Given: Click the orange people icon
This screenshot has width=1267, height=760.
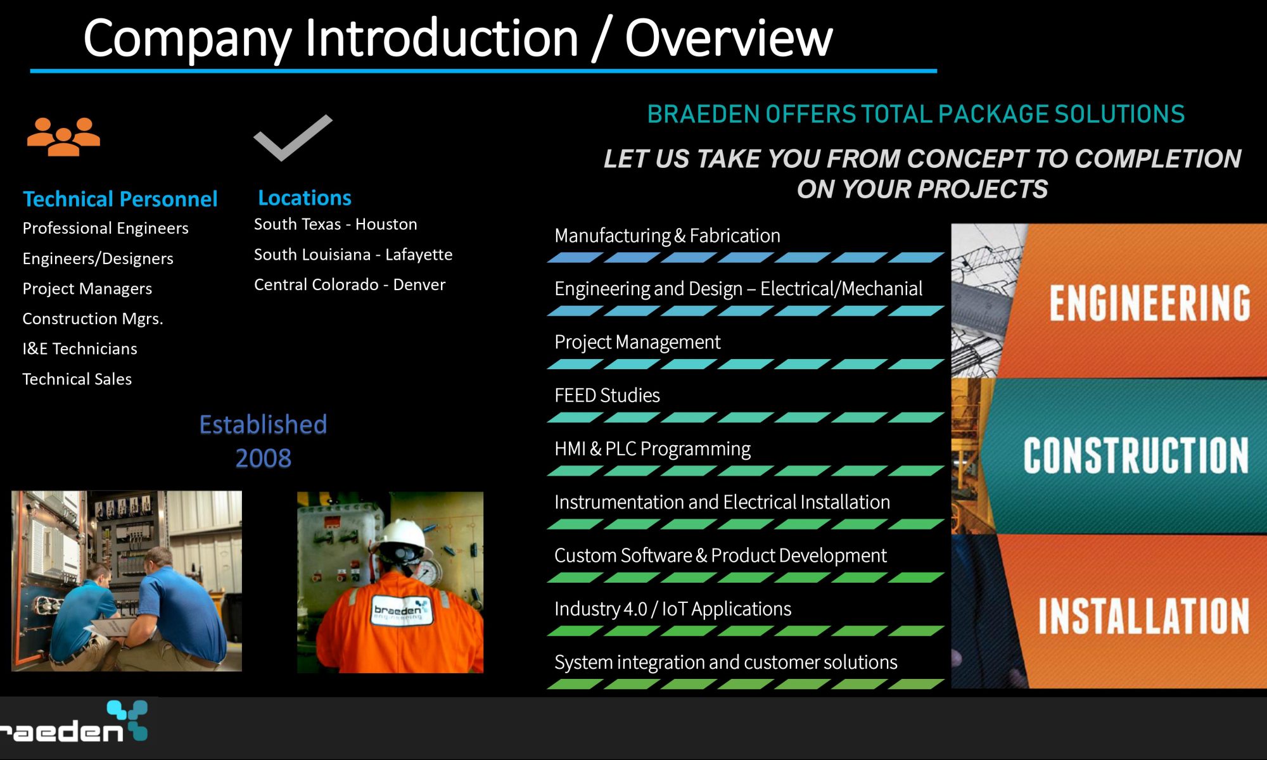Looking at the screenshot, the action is [63, 136].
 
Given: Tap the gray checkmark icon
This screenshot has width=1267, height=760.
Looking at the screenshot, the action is [293, 137].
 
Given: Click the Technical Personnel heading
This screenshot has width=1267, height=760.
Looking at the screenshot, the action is [120, 199].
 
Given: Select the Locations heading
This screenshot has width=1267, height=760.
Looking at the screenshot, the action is [305, 198].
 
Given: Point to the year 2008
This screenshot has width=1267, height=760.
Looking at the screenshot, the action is [264, 458].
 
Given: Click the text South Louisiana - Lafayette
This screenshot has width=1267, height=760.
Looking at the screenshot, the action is [353, 255].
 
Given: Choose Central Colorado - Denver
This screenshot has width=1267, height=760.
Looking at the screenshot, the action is [350, 285].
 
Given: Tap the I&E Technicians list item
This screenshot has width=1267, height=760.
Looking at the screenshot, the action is [80, 349].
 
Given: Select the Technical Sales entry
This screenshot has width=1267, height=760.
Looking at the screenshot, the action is [77, 379].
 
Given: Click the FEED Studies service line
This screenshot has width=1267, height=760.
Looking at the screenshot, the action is [607, 396].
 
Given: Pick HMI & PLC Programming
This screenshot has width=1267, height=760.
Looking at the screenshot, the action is [653, 449].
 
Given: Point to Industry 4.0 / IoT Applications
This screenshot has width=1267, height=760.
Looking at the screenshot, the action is [673, 609].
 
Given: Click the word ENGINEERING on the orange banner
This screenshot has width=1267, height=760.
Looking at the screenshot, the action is [1150, 303].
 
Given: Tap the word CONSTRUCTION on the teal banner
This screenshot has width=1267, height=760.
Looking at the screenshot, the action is [1136, 455].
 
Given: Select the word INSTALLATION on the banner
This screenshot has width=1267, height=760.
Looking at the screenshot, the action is [1143, 616].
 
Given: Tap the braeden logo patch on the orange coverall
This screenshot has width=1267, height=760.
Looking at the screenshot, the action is [401, 611].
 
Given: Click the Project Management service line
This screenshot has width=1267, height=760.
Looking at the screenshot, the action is [637, 343].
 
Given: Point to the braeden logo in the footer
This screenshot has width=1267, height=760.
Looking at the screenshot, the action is [73, 722].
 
